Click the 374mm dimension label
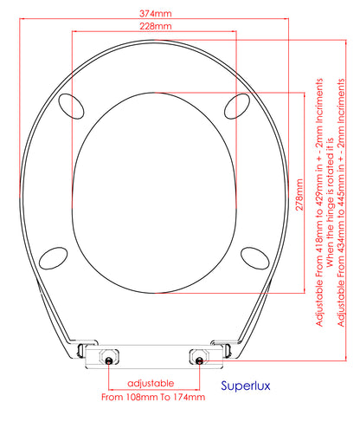click(151, 14)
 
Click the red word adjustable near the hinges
click(151, 383)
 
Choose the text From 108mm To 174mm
click(152, 398)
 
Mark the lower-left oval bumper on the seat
click(54, 258)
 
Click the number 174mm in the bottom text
click(189, 398)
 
